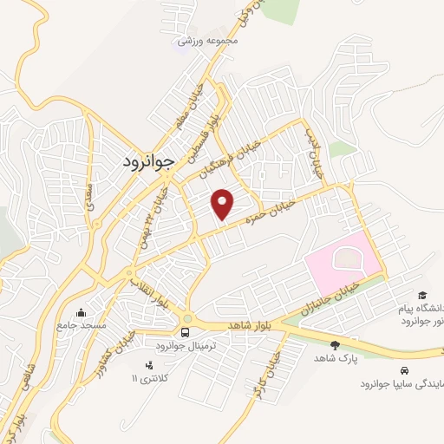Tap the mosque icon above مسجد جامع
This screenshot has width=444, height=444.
81,312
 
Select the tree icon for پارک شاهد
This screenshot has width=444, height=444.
335,345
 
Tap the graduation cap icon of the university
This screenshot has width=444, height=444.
421,297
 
